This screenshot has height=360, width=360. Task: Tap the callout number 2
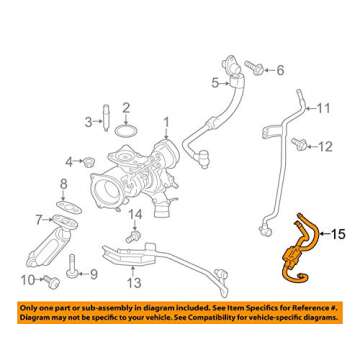(126, 107)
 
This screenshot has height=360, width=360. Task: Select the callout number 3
(87, 122)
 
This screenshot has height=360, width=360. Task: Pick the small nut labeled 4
(87, 161)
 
